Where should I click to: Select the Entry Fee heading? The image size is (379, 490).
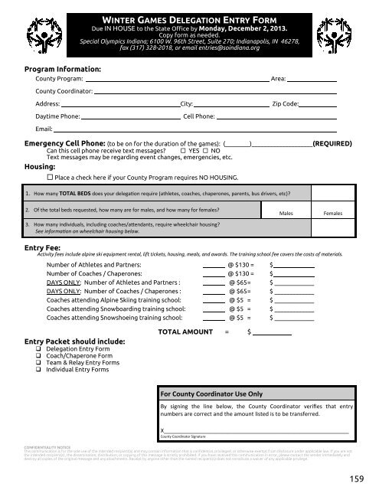pos(45,247)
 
